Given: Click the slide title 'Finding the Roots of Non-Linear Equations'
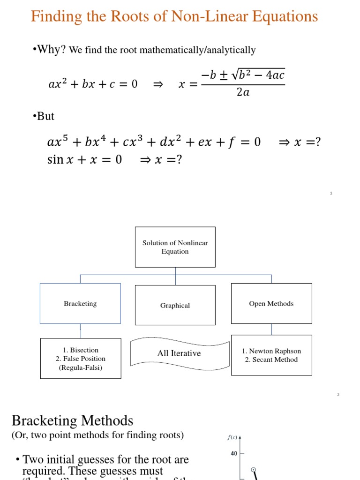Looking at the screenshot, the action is point(174,17).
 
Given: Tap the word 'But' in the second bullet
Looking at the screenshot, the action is point(45,116).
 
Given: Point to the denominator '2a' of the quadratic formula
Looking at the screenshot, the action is point(243,92).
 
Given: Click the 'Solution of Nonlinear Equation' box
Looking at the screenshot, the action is point(175,247).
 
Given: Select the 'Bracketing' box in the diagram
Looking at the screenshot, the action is point(80,303).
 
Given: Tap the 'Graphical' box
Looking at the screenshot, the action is point(175,305).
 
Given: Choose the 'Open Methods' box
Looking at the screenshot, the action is point(271,303).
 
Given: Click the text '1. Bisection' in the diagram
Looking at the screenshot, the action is point(81,350).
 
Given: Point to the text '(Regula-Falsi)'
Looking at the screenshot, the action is point(81,367).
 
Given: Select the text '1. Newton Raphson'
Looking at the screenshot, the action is point(271,351).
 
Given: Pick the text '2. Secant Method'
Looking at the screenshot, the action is point(271,360).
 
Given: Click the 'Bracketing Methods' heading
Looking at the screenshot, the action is point(72,420).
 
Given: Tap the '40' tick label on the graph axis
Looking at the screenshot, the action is point(234,454).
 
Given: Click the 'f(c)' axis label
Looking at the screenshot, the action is point(232,438).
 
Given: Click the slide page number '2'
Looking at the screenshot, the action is point(338,395).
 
